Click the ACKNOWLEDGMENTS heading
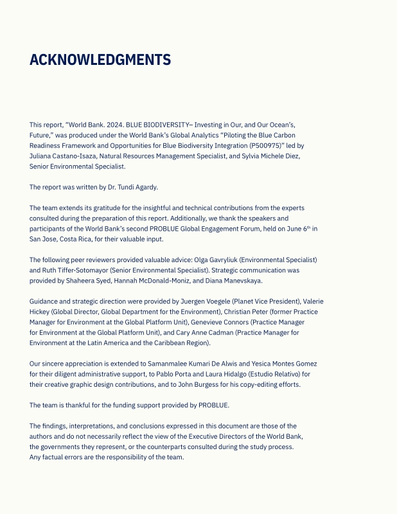(x=100, y=60)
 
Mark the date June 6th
(x=295, y=228)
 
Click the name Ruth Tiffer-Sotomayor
(x=76, y=270)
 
